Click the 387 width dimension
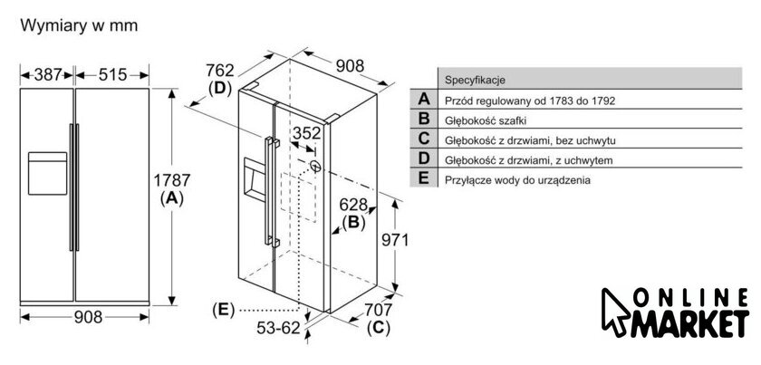click(48, 75)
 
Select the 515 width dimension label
click(112, 75)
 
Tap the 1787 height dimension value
click(172, 180)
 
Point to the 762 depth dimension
click(220, 71)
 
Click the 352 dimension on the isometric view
click(306, 133)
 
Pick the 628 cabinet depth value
click(352, 205)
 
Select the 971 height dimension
click(393, 240)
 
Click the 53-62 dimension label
click(279, 328)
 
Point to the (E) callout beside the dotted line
click(223, 309)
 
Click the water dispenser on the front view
click(47, 173)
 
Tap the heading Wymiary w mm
click(79, 25)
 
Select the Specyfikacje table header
click(475, 80)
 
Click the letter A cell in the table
click(424, 99)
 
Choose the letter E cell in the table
click(424, 178)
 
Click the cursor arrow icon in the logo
click(615, 312)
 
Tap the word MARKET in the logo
click(689, 323)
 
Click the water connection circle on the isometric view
click(316, 166)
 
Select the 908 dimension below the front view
click(89, 317)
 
